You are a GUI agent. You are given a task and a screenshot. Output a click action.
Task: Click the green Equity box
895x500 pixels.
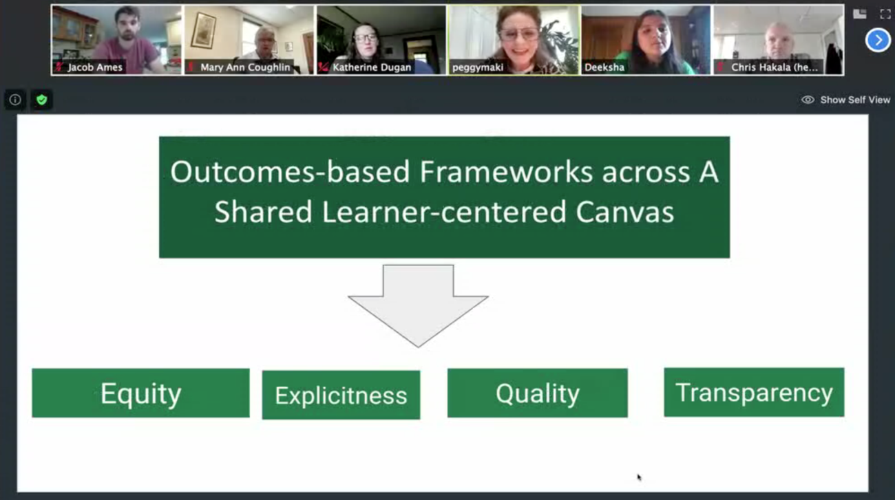pyautogui.click(x=140, y=393)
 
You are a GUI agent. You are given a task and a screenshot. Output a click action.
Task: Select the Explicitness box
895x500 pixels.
pyautogui.click(x=341, y=395)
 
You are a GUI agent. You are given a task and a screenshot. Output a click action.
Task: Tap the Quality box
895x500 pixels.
pyautogui.click(x=538, y=393)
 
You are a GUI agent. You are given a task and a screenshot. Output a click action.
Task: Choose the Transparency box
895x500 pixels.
pyautogui.click(x=754, y=392)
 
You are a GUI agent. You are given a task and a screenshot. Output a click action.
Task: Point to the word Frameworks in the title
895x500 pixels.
pyautogui.click(x=506, y=172)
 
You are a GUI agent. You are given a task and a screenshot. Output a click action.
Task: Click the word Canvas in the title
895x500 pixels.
pyautogui.click(x=625, y=212)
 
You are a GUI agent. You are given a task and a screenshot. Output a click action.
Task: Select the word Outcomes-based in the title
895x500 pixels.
pyautogui.click(x=290, y=172)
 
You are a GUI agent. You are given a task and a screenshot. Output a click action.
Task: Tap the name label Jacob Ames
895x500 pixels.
pyautogui.click(x=95, y=67)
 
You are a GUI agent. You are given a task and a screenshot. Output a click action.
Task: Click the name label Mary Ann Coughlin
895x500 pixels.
pyautogui.click(x=245, y=67)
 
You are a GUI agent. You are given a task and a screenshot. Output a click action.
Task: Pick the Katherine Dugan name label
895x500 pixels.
pyautogui.click(x=372, y=67)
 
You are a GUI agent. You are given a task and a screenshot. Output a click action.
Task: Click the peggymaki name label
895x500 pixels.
pyautogui.click(x=478, y=67)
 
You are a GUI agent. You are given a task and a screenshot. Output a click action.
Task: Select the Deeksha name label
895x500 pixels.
pyautogui.click(x=604, y=67)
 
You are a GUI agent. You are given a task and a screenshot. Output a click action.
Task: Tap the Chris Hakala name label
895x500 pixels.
pyautogui.click(x=775, y=67)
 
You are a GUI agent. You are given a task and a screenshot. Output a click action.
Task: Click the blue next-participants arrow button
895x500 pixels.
pyautogui.click(x=877, y=40)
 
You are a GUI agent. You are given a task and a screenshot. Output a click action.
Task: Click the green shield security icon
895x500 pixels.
pyautogui.click(x=41, y=99)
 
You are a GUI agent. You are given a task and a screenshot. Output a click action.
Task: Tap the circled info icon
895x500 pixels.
pyautogui.click(x=15, y=99)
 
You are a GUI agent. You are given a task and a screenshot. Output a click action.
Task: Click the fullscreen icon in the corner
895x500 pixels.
pyautogui.click(x=885, y=14)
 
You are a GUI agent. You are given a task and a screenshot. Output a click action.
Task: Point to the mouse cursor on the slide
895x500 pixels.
pyautogui.click(x=639, y=477)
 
